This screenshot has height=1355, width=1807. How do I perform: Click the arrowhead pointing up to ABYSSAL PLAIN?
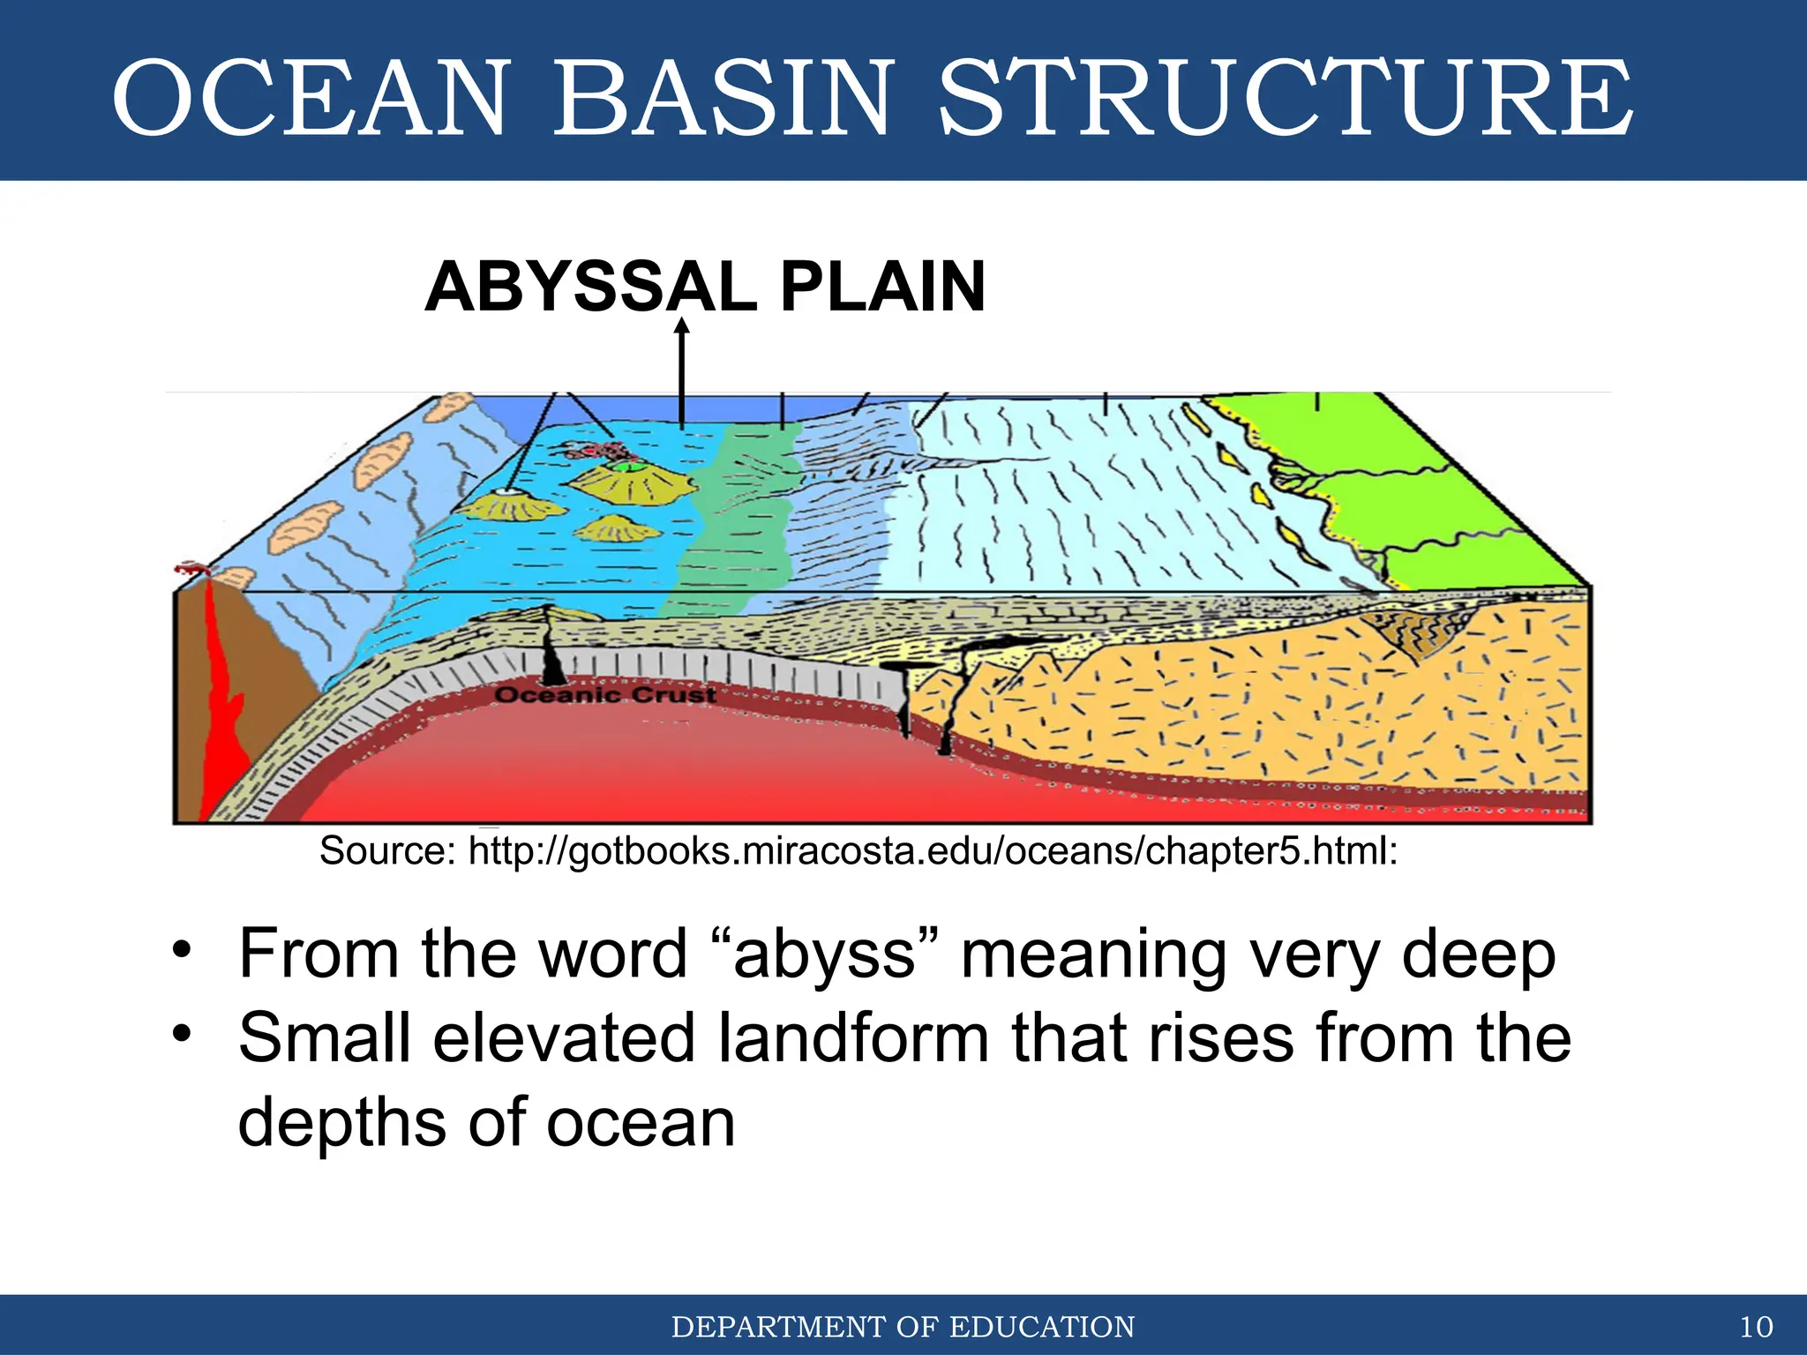(x=681, y=327)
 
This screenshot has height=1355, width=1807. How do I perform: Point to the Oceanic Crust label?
(x=605, y=695)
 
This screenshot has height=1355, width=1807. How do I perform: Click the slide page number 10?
(x=1756, y=1327)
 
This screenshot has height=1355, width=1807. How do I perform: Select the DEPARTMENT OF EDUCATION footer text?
(x=903, y=1327)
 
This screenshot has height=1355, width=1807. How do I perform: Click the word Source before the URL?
(x=386, y=851)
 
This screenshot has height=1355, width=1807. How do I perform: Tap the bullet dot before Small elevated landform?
(x=182, y=1032)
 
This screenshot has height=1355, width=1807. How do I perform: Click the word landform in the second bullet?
(x=852, y=1037)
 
